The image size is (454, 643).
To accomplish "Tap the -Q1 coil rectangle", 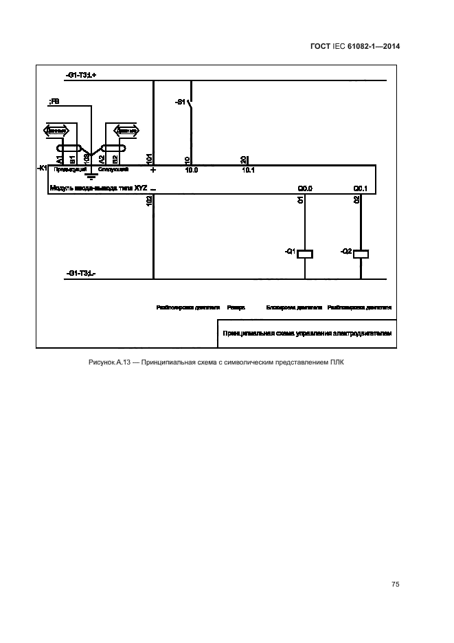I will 305,253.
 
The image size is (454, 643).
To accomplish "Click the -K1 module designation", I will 42,168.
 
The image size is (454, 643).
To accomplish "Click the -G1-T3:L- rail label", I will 81,274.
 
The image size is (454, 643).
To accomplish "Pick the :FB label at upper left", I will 54,102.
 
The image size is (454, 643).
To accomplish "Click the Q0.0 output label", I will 305,188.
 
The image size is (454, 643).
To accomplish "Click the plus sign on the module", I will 153,169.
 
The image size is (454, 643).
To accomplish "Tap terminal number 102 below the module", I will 150,201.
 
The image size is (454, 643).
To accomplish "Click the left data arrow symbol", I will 56,130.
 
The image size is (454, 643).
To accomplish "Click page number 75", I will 396,584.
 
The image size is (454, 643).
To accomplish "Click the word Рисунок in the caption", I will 101,362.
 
